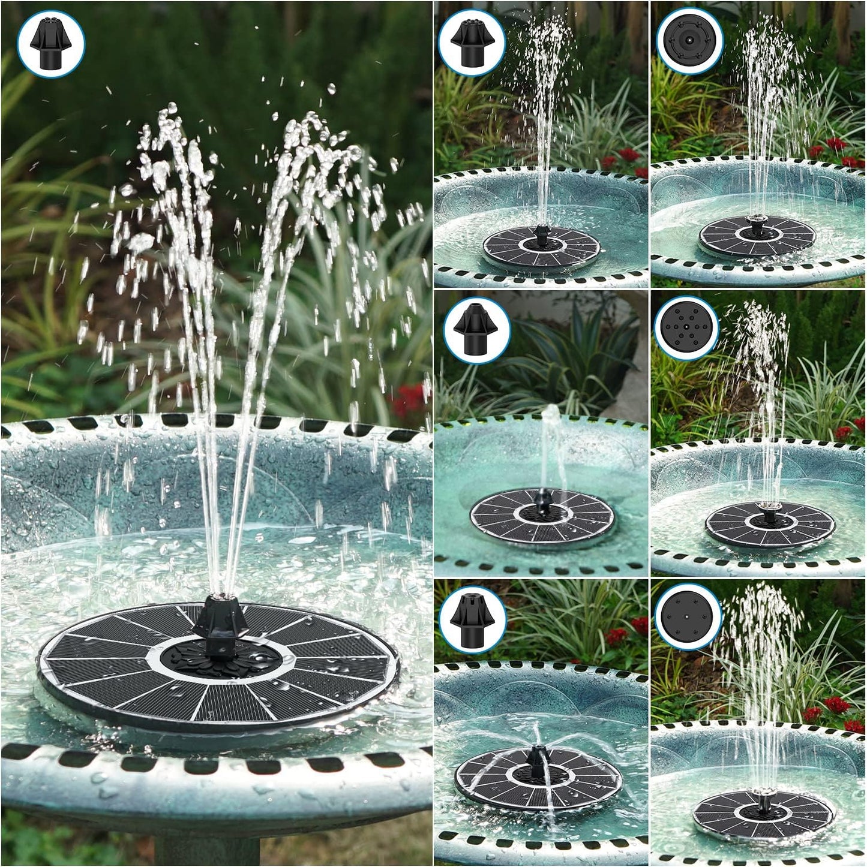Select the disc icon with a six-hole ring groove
[x=689, y=41]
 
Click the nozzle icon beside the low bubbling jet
[x=477, y=329]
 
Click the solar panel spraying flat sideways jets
[x=537, y=779]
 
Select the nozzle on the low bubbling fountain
[x=543, y=500]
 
